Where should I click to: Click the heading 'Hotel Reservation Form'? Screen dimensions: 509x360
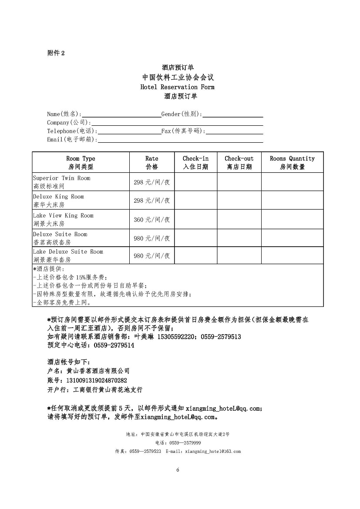point(177,87)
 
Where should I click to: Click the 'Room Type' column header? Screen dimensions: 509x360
point(81,162)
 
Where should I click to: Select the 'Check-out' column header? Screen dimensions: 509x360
point(239,162)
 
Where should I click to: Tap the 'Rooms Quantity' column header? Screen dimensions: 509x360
point(292,162)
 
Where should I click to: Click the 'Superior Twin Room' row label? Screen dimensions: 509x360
point(62,178)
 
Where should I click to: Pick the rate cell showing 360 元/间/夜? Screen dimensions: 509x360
point(152,220)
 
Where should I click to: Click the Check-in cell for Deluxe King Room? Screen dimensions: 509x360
point(195,201)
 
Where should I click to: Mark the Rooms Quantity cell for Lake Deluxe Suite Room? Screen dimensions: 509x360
point(292,255)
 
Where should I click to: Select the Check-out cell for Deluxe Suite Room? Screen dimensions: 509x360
point(239,238)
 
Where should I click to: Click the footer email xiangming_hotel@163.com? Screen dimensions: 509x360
point(213,451)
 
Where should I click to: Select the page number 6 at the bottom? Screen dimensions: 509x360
point(178,470)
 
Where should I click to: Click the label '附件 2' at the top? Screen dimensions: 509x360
point(56,53)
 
